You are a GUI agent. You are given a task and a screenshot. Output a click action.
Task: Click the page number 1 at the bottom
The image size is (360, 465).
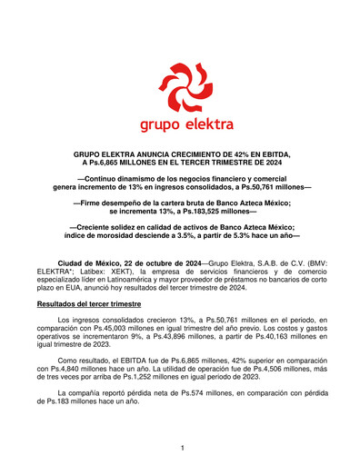182,448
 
